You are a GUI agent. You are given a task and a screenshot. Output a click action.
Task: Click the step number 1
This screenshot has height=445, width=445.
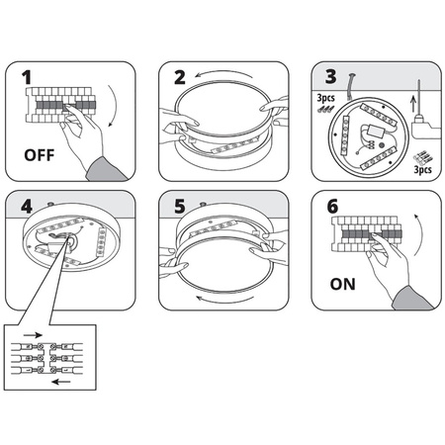coord(27,77)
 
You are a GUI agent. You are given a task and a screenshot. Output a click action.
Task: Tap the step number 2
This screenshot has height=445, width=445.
coord(180,77)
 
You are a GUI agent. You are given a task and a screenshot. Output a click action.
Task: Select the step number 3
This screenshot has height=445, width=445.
coord(331,76)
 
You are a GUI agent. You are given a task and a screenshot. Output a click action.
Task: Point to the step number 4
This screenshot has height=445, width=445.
coord(27,207)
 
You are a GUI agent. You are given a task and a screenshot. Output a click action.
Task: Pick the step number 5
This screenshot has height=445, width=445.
coord(180,207)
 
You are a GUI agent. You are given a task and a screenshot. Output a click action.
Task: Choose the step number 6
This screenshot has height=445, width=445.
coord(332,207)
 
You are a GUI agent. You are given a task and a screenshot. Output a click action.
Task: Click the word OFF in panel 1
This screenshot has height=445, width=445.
coord(40,155)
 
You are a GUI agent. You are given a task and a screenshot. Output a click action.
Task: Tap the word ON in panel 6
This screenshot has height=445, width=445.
coord(343,284)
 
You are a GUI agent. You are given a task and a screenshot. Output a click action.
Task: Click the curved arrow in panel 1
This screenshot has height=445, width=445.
coord(115,106)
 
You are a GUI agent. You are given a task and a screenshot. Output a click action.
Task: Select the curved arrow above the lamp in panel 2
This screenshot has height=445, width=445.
coord(224,71)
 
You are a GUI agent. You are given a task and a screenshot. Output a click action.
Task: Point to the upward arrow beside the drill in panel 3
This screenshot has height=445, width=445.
coord(413,103)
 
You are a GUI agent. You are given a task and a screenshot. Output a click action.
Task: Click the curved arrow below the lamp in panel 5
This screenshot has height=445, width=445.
coord(225,301)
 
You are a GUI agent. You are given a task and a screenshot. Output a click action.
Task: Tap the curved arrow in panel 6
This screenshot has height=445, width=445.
coord(420,234)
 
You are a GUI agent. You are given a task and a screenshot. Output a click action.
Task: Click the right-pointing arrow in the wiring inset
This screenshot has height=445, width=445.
coord(33,335)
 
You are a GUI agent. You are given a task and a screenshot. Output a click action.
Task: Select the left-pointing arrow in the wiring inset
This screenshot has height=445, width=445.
coord(61,382)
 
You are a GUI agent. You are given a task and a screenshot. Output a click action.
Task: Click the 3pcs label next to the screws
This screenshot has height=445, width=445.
coord(325,98)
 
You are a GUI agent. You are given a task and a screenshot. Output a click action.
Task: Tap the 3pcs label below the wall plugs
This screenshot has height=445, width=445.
coord(423,169)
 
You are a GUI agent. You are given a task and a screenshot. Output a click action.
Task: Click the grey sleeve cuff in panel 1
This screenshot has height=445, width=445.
coord(106,170)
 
